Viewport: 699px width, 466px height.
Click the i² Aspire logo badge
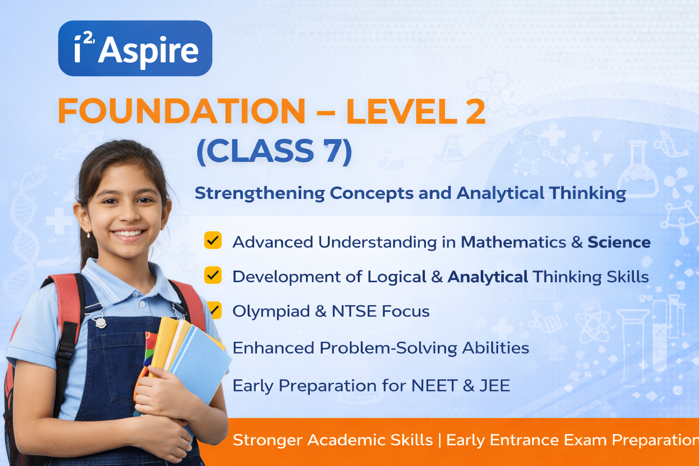135,48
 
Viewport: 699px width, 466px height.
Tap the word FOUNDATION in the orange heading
181,111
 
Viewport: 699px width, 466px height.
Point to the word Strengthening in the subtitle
260,193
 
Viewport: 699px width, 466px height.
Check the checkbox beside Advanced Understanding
213,240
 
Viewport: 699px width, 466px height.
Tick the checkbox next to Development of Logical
213,275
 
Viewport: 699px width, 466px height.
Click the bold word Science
619,242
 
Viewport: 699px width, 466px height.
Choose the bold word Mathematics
513,242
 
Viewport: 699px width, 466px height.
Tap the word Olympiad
271,311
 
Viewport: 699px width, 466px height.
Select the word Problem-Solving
389,348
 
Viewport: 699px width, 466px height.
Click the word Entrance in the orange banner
525,440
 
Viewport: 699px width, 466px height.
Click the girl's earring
88,233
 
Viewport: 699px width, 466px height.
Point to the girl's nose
129,214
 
